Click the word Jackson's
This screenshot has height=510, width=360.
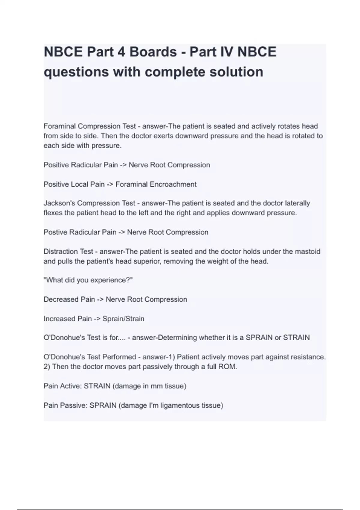pos(59,203)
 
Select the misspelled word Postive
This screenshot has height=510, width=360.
pos(55,232)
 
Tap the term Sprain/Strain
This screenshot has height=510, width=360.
pos(123,319)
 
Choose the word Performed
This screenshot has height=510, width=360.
pos(119,357)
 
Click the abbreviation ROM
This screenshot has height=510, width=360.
pos(228,367)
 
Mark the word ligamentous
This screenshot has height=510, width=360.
pos(181,406)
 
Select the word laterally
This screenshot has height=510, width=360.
pos(297,203)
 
